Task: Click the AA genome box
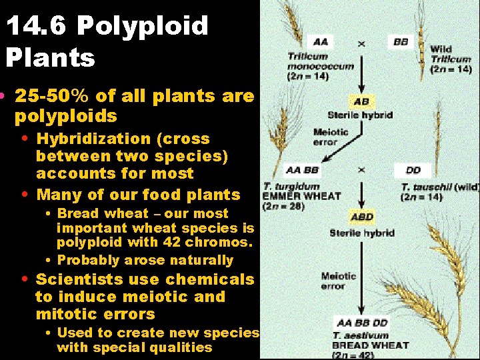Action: point(321,42)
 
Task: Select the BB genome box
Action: point(401,42)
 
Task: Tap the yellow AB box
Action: point(361,102)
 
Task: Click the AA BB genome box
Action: point(301,170)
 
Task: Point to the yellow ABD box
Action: point(362,217)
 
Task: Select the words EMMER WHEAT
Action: point(301,196)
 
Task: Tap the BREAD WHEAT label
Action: point(371,345)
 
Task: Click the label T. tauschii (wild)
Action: point(439,187)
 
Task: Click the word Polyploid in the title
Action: point(143,27)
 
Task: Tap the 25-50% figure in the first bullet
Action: point(53,96)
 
